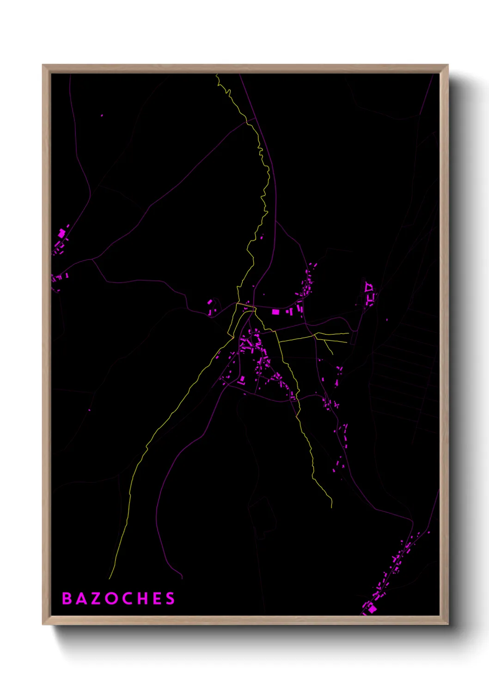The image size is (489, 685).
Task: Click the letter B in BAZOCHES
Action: pos(67,598)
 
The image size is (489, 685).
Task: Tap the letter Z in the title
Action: pos(96,598)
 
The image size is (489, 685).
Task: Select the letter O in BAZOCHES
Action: pos(111,598)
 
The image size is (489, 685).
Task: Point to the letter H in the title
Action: pos(141,598)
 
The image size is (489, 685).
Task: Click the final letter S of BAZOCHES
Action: pos(171,598)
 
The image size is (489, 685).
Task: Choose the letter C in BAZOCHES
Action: pos(126,598)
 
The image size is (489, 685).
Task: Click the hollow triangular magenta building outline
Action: pos(368,287)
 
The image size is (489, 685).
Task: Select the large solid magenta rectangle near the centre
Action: pos(275,312)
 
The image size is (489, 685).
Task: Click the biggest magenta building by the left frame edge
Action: pos(61,234)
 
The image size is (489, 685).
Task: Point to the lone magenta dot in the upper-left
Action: pos(102,115)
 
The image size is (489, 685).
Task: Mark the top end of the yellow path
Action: pos(216,75)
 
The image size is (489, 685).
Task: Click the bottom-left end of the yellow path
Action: pos(110,579)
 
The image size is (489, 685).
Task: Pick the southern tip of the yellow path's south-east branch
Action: pos(331,507)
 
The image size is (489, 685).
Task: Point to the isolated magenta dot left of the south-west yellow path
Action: pos(90,410)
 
